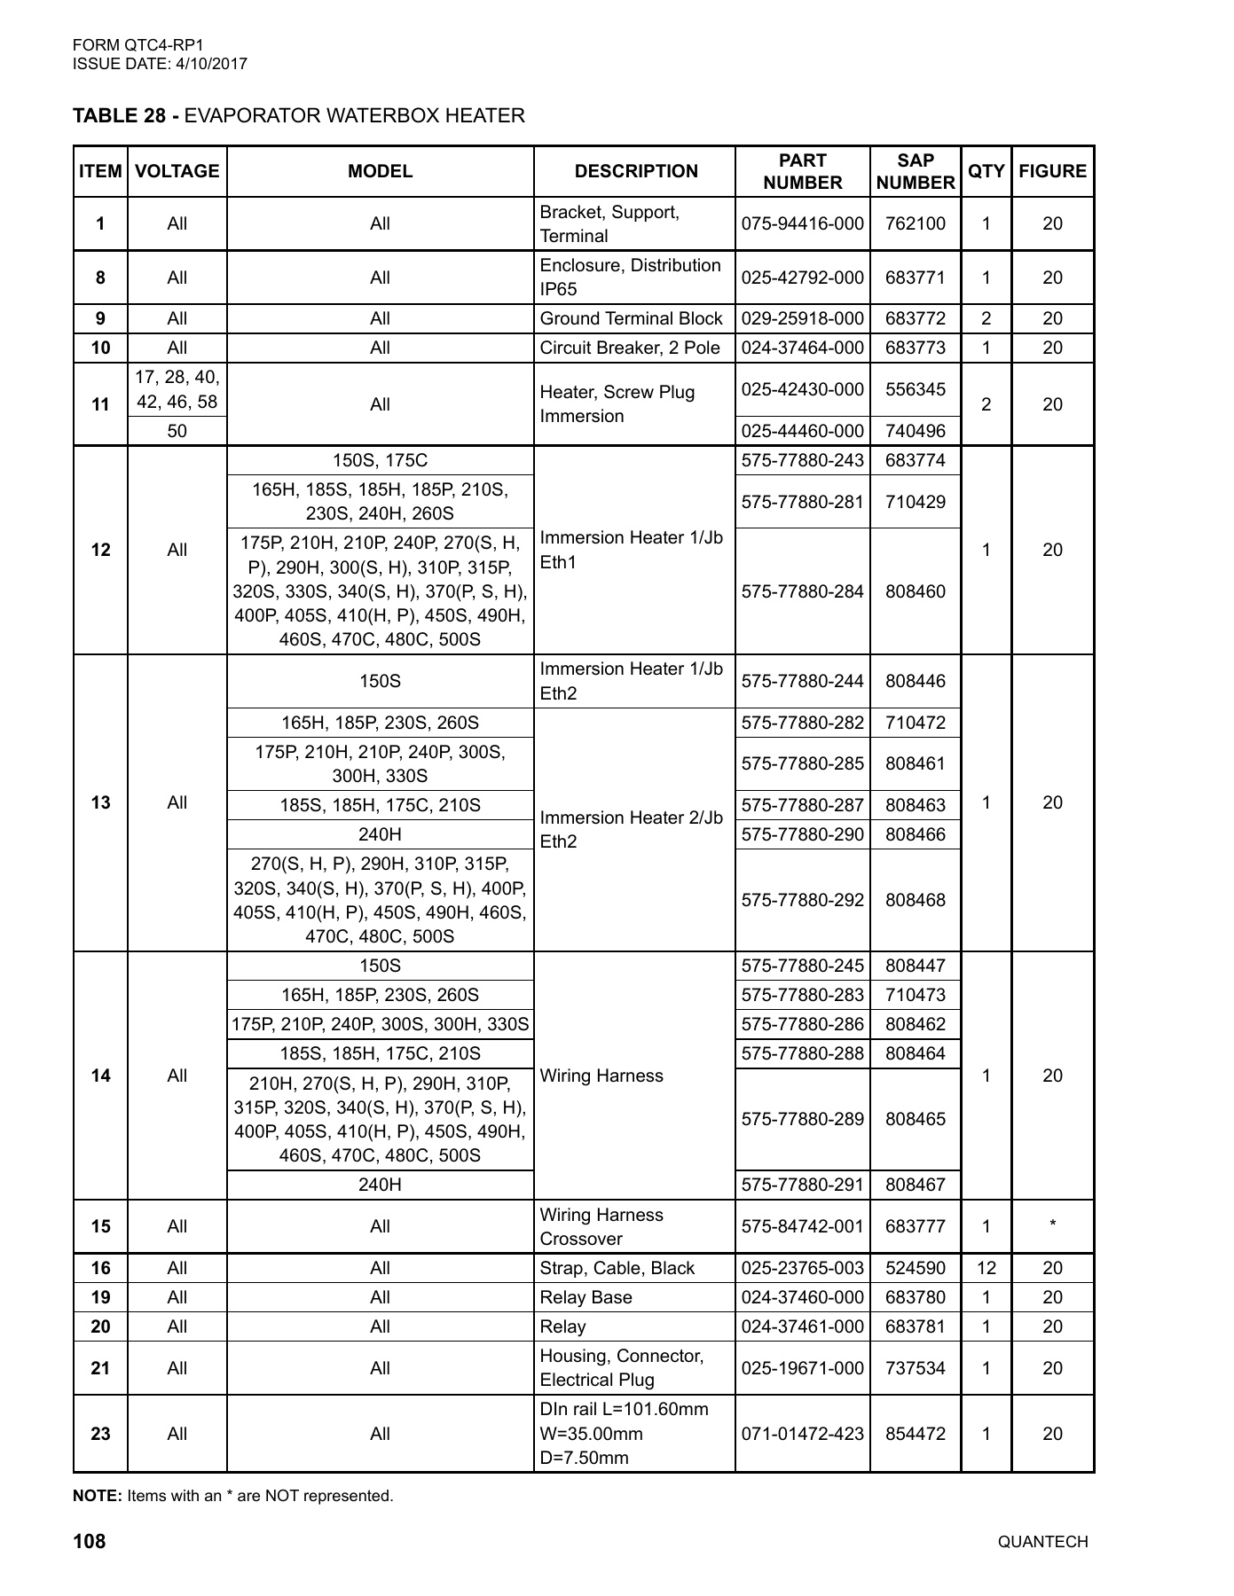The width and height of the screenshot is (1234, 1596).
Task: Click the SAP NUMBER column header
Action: point(915,171)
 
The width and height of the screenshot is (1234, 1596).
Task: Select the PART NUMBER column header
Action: point(802,171)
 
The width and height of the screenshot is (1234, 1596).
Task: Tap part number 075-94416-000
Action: point(802,223)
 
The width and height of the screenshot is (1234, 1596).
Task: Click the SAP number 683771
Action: point(915,278)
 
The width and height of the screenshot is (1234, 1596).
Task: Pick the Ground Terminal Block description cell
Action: point(631,318)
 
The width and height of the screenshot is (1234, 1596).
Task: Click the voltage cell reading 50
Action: point(177,431)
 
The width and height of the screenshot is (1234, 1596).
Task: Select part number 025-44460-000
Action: point(802,431)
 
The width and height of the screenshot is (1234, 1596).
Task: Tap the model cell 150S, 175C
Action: point(380,460)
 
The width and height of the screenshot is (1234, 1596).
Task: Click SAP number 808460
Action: point(915,591)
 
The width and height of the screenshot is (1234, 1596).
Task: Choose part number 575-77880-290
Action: point(802,834)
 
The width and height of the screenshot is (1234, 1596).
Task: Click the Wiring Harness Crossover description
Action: point(601,1226)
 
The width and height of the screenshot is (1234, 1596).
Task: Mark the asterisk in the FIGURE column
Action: point(1052,1224)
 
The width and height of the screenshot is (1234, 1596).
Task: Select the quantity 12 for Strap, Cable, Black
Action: point(986,1268)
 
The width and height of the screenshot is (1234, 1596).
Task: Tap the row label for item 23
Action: point(101,1434)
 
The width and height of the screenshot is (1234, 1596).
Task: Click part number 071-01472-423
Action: point(802,1434)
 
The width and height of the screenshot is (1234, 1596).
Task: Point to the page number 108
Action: point(90,1542)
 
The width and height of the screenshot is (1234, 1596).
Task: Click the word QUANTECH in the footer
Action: point(1042,1542)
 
